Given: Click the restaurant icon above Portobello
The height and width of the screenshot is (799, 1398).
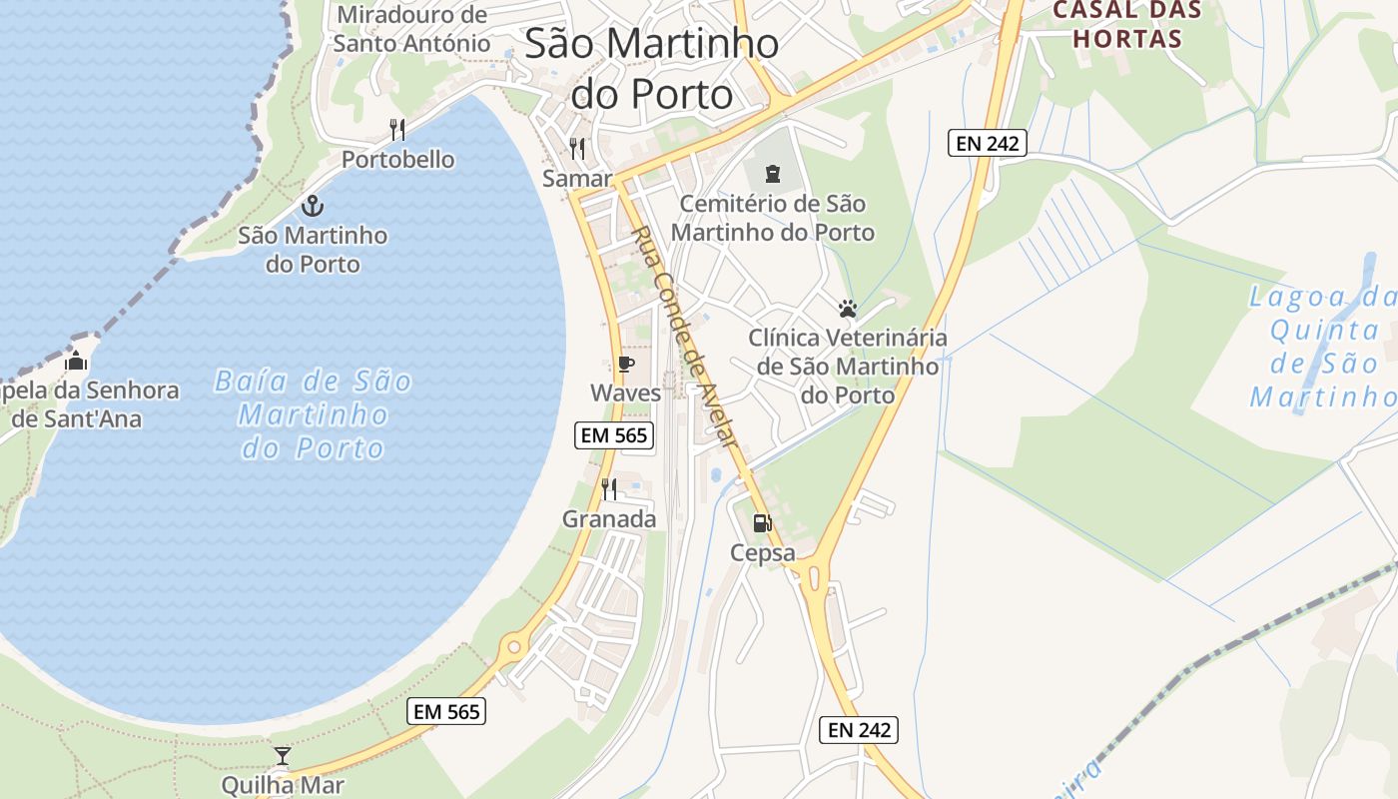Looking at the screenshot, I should [397, 129].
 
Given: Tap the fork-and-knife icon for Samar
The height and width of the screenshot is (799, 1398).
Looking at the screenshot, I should [577, 149].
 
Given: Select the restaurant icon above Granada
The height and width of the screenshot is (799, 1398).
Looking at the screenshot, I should [609, 488].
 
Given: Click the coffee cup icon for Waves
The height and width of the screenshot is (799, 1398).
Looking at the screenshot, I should [626, 364].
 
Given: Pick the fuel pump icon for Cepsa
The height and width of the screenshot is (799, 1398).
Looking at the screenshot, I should [762, 522].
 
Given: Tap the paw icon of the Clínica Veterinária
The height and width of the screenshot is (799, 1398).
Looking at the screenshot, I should [848, 309].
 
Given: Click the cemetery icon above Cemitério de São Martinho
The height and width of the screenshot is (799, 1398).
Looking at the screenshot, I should [772, 174].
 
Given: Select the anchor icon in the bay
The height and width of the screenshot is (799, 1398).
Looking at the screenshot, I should [313, 206].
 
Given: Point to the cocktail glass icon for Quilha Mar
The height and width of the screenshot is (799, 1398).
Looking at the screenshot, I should [283, 755].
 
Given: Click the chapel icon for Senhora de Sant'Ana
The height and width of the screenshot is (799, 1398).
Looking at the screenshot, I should [77, 361].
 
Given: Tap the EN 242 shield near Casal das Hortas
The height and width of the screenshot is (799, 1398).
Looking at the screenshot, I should [987, 143].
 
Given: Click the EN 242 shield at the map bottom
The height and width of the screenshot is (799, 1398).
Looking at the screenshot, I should [859, 730].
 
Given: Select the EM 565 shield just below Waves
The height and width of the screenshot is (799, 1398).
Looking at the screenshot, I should [615, 434].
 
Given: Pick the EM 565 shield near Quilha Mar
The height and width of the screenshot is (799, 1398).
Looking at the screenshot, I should [447, 711].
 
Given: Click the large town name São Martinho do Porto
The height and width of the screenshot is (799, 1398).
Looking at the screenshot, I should [651, 68].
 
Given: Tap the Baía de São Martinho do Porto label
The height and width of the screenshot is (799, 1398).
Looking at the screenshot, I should [313, 414].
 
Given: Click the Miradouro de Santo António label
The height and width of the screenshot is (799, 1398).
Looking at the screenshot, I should [411, 29].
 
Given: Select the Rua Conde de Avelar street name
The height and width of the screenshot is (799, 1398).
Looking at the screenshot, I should [685, 336].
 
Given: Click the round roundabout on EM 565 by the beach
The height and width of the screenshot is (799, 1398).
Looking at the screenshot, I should [513, 646].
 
